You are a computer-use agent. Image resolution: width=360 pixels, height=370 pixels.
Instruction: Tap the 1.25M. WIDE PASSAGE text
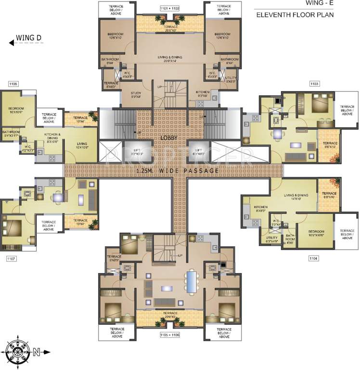coord(178,171)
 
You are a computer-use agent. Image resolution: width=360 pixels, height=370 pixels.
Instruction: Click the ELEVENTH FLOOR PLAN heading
coord(295,15)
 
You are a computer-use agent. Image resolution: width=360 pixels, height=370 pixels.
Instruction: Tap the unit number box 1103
coord(314,84)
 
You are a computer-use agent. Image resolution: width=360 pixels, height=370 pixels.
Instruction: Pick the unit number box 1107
coord(12,259)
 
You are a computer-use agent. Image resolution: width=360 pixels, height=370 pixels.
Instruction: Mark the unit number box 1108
coord(13,84)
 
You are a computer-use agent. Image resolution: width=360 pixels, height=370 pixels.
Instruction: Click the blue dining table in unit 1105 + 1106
coord(193,283)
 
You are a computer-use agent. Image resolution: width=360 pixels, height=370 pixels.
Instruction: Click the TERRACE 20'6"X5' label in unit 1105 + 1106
coord(169,315)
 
